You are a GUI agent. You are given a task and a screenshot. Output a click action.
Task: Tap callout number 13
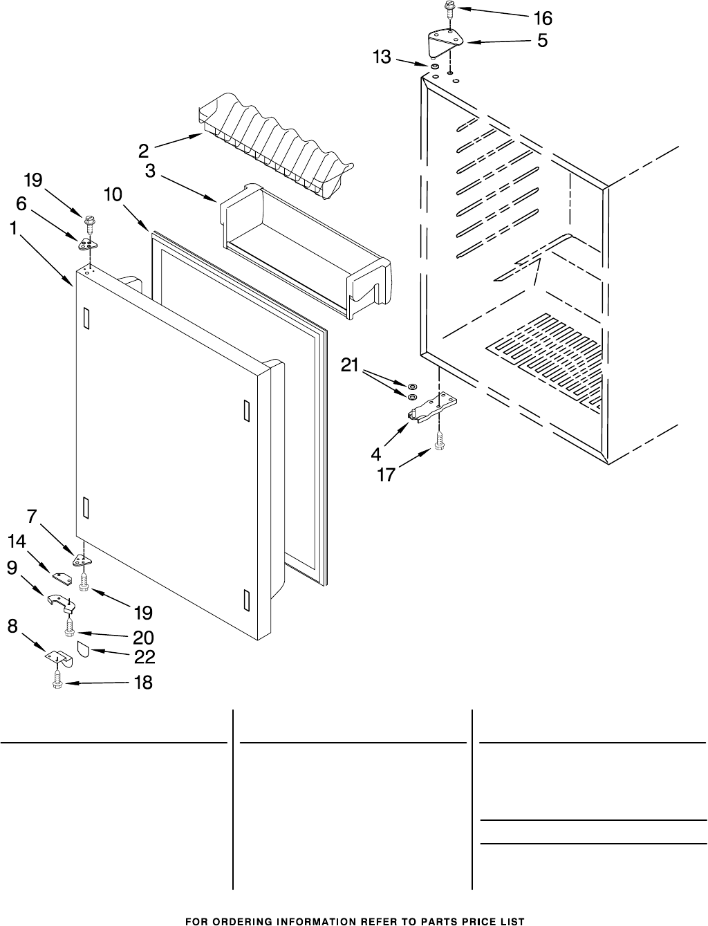[x=382, y=57]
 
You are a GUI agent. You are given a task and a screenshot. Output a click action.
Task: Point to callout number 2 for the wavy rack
[x=143, y=150]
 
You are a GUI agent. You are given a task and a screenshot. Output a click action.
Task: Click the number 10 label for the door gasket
[x=113, y=195]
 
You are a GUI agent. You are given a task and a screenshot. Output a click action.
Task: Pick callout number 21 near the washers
[x=350, y=365]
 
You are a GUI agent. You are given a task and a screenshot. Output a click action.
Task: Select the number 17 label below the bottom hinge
[x=385, y=475]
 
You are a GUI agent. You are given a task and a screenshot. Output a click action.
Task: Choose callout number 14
[x=17, y=543]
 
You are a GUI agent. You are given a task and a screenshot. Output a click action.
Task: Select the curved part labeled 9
[x=61, y=603]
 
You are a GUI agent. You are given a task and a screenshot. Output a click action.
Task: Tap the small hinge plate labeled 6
[x=87, y=243]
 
